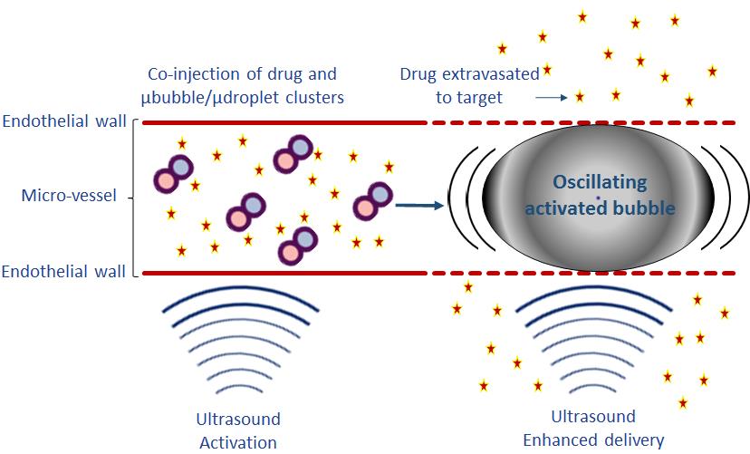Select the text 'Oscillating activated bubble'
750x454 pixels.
601,194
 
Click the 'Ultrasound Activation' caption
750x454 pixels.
238,430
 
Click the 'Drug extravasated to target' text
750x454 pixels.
469,84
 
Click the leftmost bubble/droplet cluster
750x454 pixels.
172,173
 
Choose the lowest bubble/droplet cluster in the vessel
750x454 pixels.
299,244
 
